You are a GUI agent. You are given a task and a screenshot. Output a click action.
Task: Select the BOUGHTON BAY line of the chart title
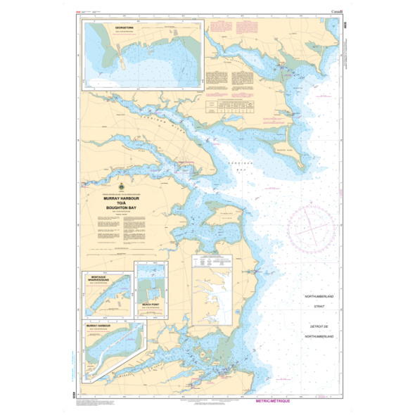(122, 209)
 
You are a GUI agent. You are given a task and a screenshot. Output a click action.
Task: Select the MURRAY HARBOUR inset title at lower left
(98, 326)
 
